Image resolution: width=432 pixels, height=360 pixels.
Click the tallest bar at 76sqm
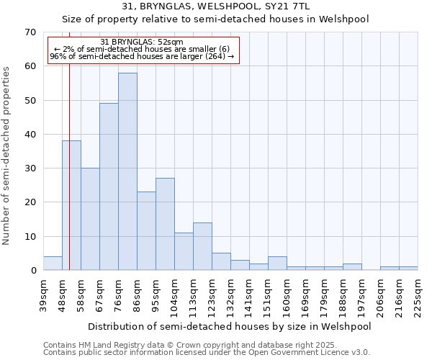(127, 171)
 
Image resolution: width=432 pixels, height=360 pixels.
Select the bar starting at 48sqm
(71, 205)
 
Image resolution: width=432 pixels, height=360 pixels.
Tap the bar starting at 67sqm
(109, 186)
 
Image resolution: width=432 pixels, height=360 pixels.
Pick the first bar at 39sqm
(53, 263)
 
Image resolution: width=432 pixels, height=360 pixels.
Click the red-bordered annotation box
(143, 50)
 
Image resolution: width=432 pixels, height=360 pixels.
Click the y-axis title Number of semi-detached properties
(7, 156)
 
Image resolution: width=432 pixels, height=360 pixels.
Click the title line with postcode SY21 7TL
(215, 6)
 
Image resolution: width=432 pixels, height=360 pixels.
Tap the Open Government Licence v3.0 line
(207, 352)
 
